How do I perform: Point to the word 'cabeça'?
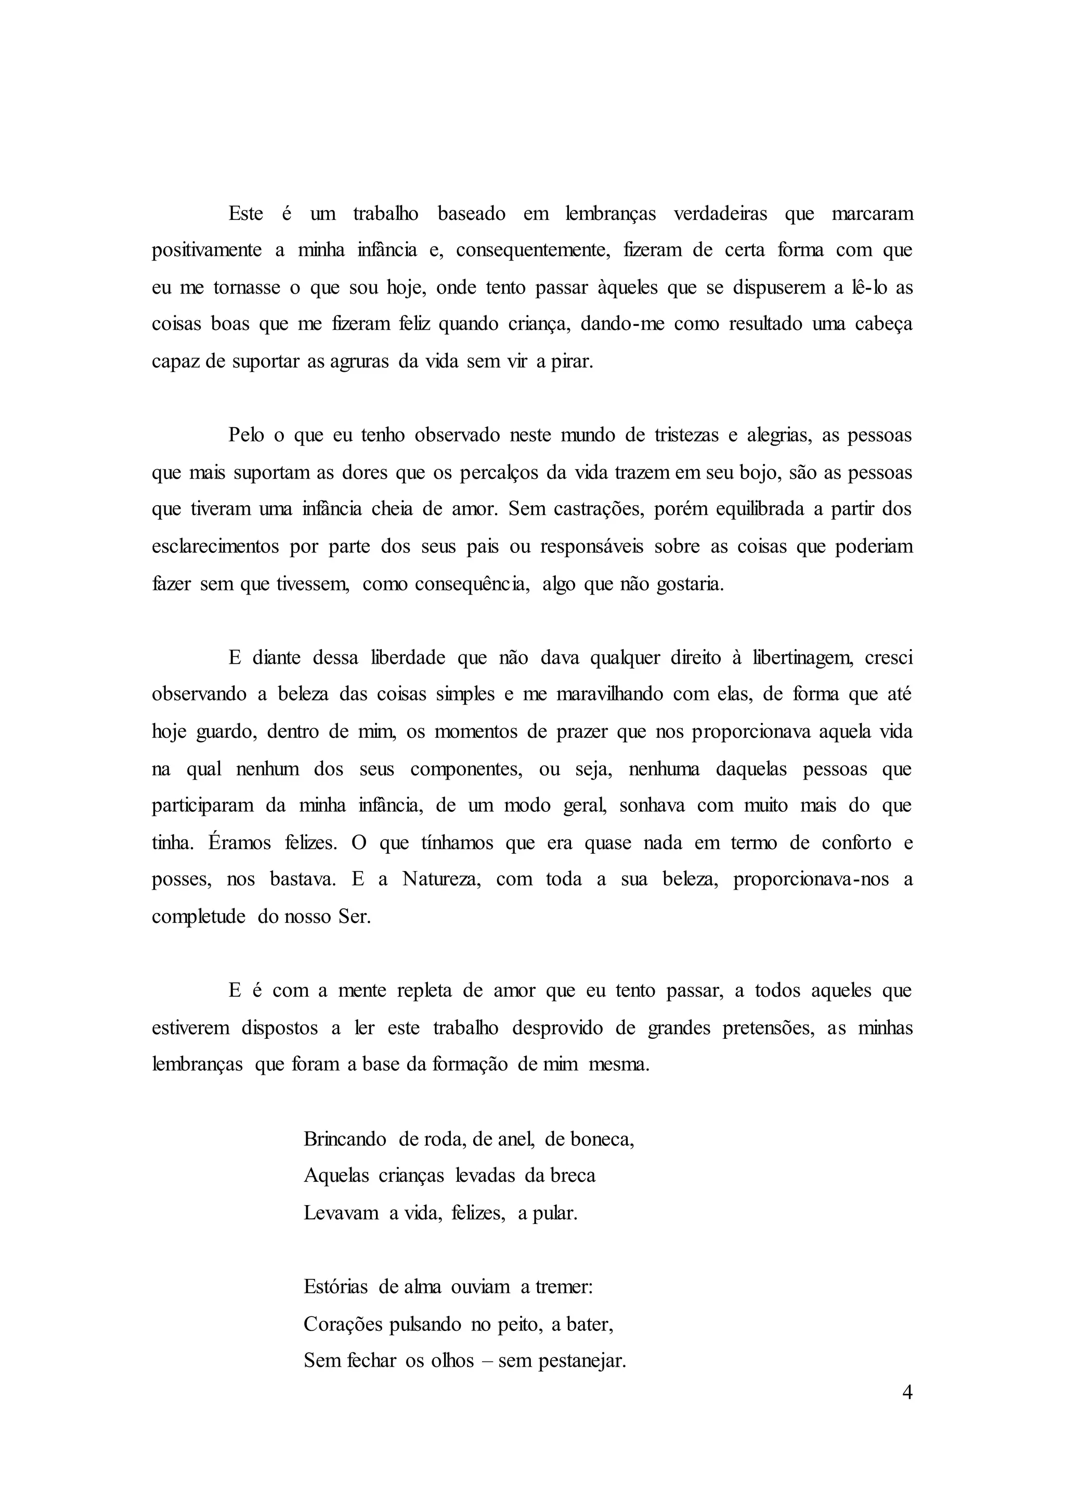pyautogui.click(x=884, y=324)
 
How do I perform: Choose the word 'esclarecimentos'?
pyautogui.click(x=214, y=547)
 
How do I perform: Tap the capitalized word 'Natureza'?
pyautogui.click(x=442, y=879)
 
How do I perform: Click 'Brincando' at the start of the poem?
pyautogui.click(x=345, y=1139)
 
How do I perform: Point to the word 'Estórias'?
pyautogui.click(x=336, y=1287)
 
